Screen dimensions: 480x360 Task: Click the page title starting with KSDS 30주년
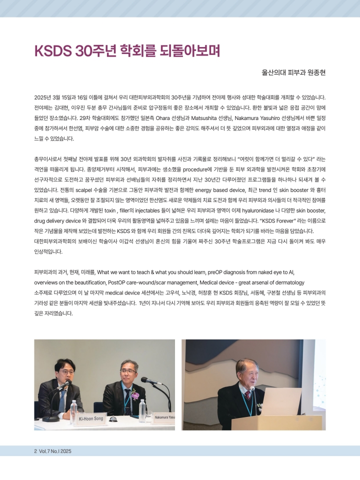point(127,51)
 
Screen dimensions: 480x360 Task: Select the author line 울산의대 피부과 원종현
point(293,72)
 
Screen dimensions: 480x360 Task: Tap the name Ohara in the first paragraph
point(207,117)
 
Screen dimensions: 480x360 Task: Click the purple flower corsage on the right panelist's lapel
point(134,396)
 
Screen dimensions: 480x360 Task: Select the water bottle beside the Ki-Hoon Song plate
point(74,412)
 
